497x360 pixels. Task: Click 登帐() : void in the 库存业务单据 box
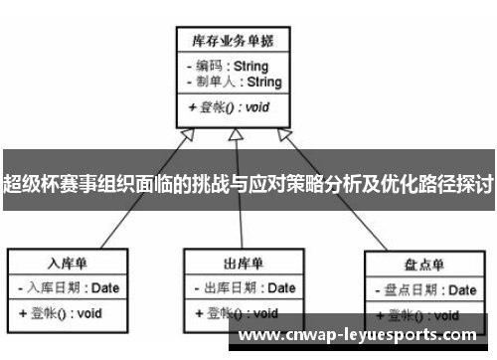point(228,106)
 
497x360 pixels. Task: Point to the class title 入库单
point(69,264)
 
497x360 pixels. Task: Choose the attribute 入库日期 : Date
point(68,288)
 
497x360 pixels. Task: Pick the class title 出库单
point(243,264)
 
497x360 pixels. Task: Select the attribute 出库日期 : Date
point(243,288)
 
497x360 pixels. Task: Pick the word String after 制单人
point(264,82)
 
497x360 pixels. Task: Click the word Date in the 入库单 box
point(105,288)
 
